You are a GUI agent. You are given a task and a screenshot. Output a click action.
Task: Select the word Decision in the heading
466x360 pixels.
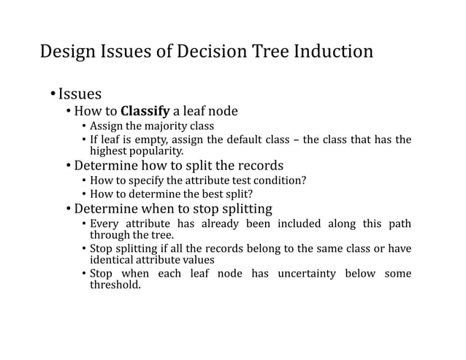[x=188, y=52]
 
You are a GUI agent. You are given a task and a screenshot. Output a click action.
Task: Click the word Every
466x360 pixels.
[x=105, y=223]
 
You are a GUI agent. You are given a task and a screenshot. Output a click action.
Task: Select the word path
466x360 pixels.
[x=398, y=223]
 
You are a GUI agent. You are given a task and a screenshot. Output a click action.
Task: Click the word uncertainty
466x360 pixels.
[x=307, y=274]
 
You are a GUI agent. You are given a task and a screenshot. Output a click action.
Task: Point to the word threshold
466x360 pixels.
[x=114, y=285]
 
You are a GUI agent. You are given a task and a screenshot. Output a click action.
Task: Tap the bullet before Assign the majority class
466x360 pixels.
[x=83, y=126]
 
